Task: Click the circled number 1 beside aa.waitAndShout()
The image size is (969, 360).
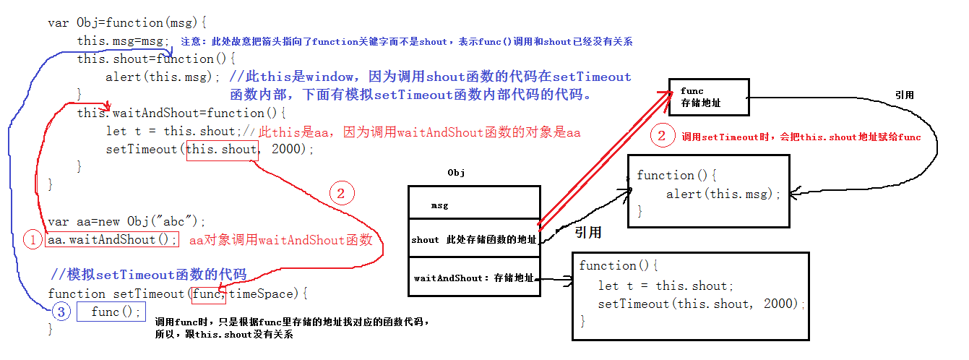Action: [33, 239]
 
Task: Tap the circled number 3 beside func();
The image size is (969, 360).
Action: [61, 312]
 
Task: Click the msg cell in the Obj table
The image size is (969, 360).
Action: [474, 205]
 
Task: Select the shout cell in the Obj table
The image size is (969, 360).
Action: [474, 240]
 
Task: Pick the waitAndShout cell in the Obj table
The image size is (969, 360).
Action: [474, 278]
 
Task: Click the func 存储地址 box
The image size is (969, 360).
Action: [707, 97]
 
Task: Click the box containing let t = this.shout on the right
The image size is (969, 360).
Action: [690, 295]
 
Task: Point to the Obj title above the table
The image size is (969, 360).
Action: [456, 173]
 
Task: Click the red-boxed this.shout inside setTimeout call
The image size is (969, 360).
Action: [222, 150]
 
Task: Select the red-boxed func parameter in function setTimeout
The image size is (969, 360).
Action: [209, 293]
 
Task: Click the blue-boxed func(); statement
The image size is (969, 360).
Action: [111, 312]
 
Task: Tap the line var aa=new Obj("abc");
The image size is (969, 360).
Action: [127, 221]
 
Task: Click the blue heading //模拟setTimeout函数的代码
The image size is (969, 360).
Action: [149, 275]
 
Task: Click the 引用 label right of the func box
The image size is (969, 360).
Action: [904, 95]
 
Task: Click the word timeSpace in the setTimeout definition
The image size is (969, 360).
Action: [263, 293]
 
